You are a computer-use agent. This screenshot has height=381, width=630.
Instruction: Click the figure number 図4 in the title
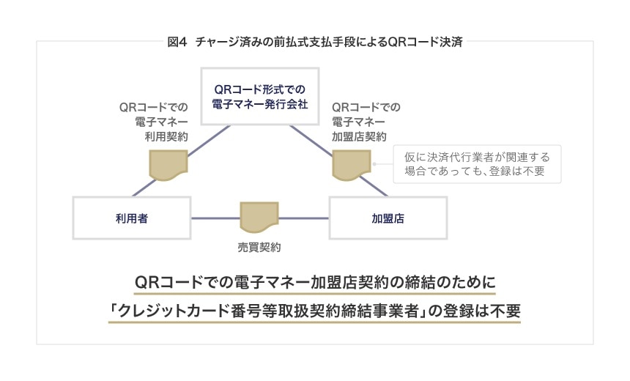pyautogui.click(x=178, y=42)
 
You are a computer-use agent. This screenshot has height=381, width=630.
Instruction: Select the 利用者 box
pyautogui.click(x=133, y=218)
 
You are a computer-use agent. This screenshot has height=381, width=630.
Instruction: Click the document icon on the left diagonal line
pyautogui.click(x=167, y=165)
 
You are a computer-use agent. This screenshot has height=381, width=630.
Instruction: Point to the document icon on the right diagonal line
pyautogui.click(x=350, y=165)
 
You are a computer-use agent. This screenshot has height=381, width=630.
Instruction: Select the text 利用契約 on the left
pyautogui.click(x=168, y=137)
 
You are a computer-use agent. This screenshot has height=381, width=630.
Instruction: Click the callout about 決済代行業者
pyautogui.click(x=470, y=165)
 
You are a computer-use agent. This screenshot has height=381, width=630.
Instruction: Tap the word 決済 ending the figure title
pyautogui.click(x=453, y=42)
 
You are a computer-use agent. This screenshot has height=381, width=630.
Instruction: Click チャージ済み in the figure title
pyautogui.click(x=226, y=42)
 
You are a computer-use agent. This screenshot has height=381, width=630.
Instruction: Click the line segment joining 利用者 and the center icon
pyautogui.click(x=216, y=218)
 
